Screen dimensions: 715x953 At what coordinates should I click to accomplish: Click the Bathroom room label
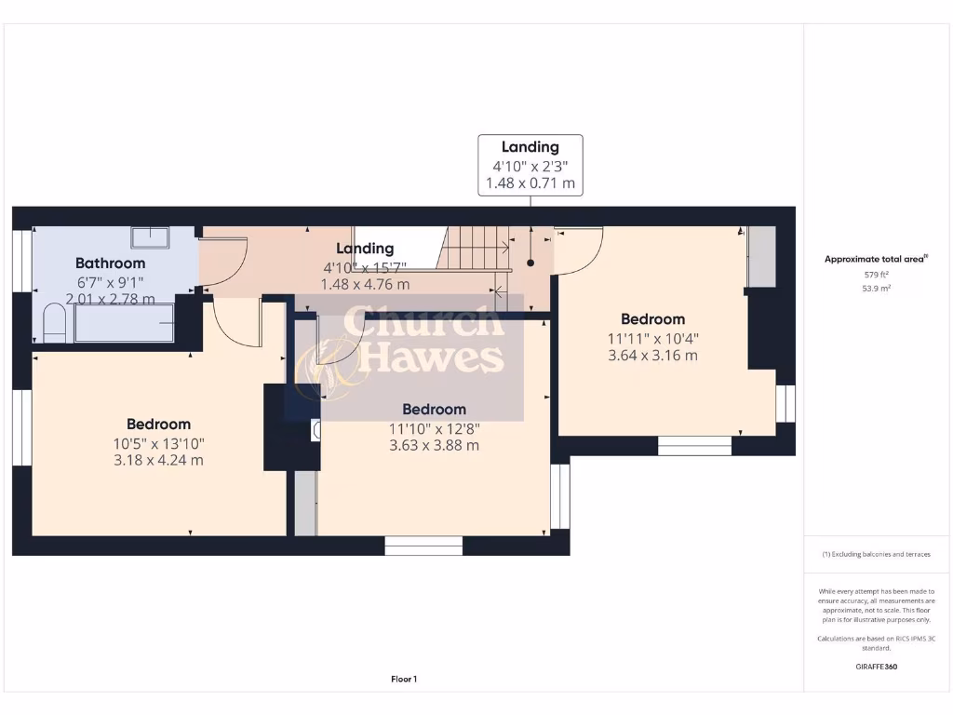[110, 263]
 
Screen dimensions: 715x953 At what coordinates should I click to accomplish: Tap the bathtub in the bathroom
[125, 323]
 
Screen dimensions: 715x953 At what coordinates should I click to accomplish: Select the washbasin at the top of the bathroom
[150, 237]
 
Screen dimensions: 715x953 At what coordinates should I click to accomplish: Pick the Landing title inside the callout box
[530, 147]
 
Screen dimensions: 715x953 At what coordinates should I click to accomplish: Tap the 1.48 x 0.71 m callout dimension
[530, 184]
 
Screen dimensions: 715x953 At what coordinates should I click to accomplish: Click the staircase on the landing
[475, 249]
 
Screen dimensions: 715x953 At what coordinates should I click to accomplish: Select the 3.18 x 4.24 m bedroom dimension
[158, 460]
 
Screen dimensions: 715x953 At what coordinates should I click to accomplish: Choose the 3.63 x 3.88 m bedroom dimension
[434, 445]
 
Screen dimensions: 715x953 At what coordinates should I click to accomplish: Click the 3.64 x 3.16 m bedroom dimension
[652, 355]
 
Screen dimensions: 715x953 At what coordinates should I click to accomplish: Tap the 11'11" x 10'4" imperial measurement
[652, 339]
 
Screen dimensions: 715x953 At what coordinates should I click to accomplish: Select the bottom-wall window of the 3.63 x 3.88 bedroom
[423, 546]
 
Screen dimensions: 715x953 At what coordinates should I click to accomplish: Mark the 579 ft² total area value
[876, 275]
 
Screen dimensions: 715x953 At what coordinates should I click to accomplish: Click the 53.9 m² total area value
[876, 289]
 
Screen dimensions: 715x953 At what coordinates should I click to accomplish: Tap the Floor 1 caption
[404, 680]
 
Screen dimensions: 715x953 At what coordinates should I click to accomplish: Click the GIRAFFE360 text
[876, 667]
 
